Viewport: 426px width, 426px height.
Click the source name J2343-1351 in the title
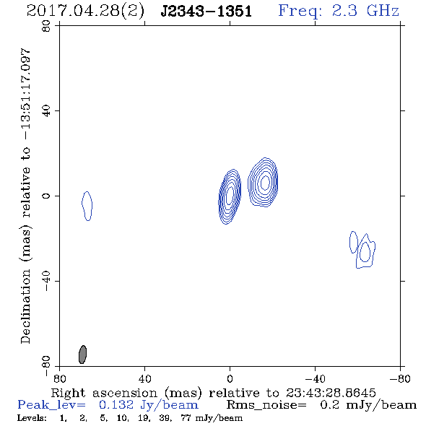tap(206, 12)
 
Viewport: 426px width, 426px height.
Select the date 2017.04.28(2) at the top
tap(85, 12)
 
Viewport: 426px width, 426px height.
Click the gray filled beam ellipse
tap(82, 355)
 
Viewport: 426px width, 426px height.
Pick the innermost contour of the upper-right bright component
tap(265, 183)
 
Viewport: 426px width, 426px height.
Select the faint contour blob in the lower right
tap(362, 250)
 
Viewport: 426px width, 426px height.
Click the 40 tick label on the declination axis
tap(46, 111)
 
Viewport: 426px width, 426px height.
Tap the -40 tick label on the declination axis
tap(46, 281)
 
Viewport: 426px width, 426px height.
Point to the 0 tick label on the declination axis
tap(46, 196)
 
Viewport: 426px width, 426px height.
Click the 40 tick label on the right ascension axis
tap(144, 378)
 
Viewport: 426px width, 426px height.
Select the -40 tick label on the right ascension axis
tap(315, 378)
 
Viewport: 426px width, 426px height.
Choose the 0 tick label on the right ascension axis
tap(230, 378)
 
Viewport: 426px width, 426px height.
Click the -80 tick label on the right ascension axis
tap(400, 378)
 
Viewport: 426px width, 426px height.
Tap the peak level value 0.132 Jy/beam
tap(149, 405)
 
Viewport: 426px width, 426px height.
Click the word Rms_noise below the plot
tap(266, 405)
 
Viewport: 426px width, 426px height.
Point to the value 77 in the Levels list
tap(186, 417)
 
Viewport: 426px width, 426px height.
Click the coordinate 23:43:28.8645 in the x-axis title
tap(331, 393)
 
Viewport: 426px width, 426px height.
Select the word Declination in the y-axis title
tap(25, 306)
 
